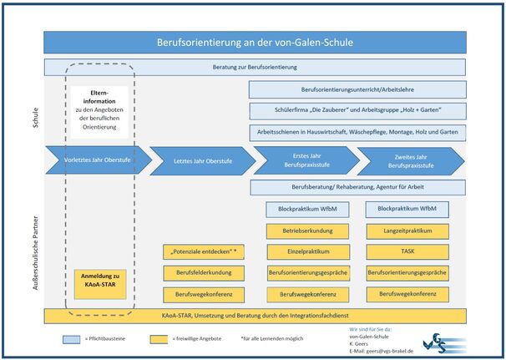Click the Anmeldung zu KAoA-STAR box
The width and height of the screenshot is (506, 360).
click(x=100, y=280)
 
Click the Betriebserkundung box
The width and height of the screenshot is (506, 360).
click(x=303, y=231)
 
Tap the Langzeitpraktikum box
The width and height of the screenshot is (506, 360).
click(x=407, y=231)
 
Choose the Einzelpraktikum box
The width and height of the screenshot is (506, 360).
click(x=303, y=251)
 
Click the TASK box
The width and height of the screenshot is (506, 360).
click(x=407, y=251)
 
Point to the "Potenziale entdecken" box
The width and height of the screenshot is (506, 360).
click(x=204, y=251)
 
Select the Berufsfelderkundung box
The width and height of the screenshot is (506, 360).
click(x=204, y=272)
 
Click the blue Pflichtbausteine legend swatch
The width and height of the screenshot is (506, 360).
click(x=70, y=338)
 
